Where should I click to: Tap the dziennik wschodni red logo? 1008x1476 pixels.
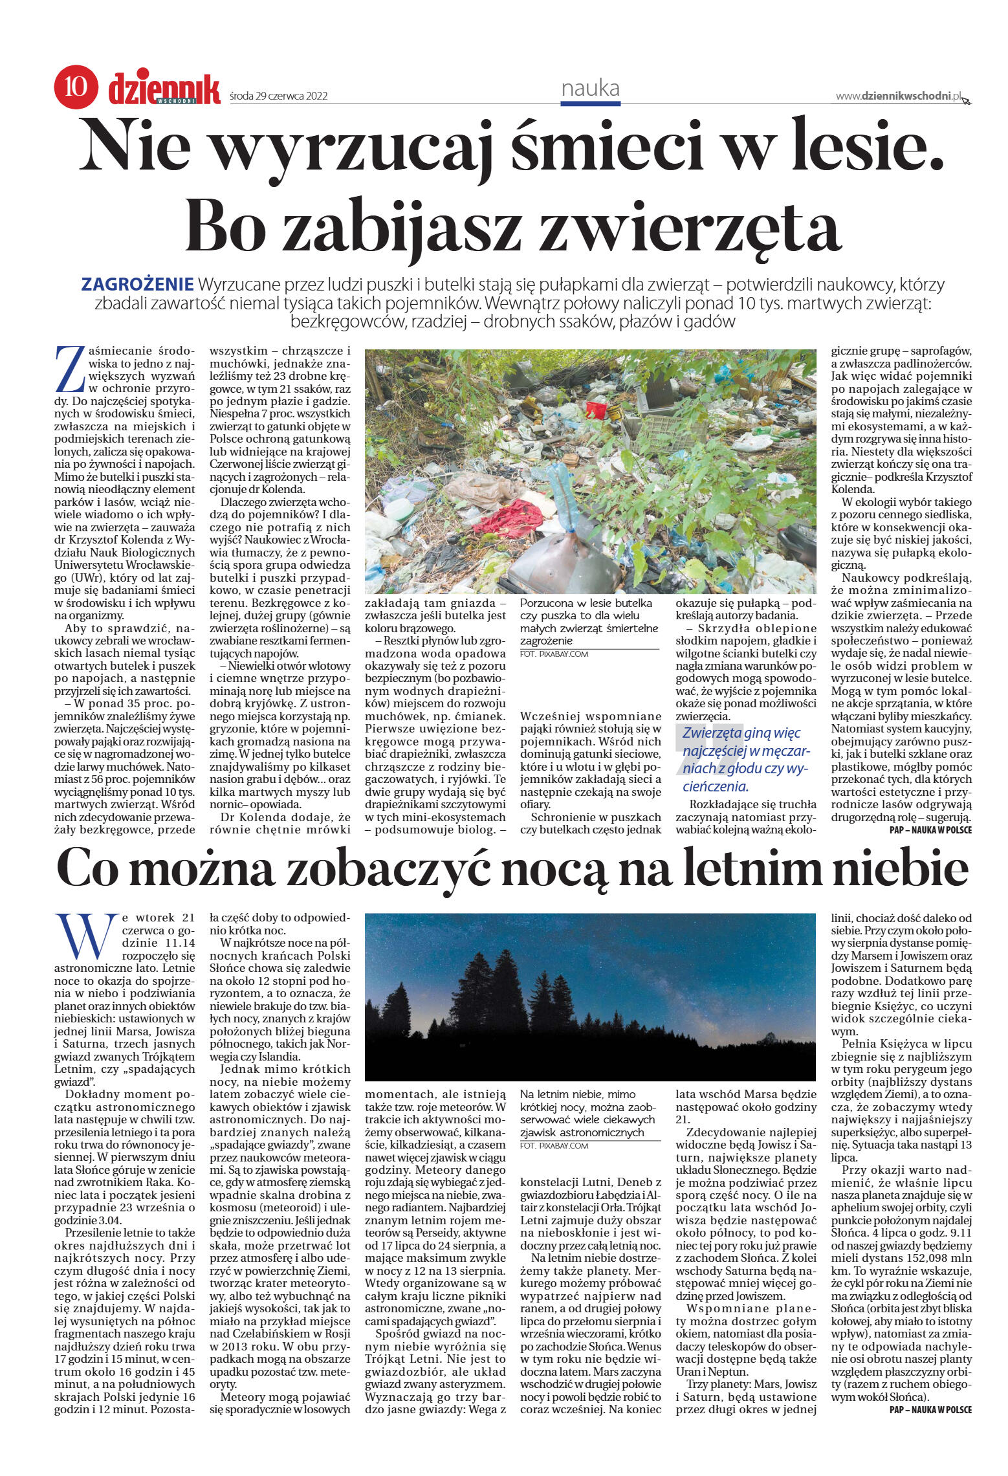coord(164,89)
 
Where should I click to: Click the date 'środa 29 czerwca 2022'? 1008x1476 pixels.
coord(279,96)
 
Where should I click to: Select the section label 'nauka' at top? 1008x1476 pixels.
coord(590,88)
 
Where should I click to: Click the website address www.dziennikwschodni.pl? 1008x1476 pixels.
coord(898,96)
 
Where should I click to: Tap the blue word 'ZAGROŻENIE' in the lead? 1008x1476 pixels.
coord(137,284)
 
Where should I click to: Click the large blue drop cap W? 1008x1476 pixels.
coord(85,936)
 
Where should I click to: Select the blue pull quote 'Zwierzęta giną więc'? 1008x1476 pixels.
coord(741,733)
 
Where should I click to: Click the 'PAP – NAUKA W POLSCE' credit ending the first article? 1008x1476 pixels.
coord(930,830)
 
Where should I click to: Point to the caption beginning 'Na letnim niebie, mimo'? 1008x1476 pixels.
coord(577,1094)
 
